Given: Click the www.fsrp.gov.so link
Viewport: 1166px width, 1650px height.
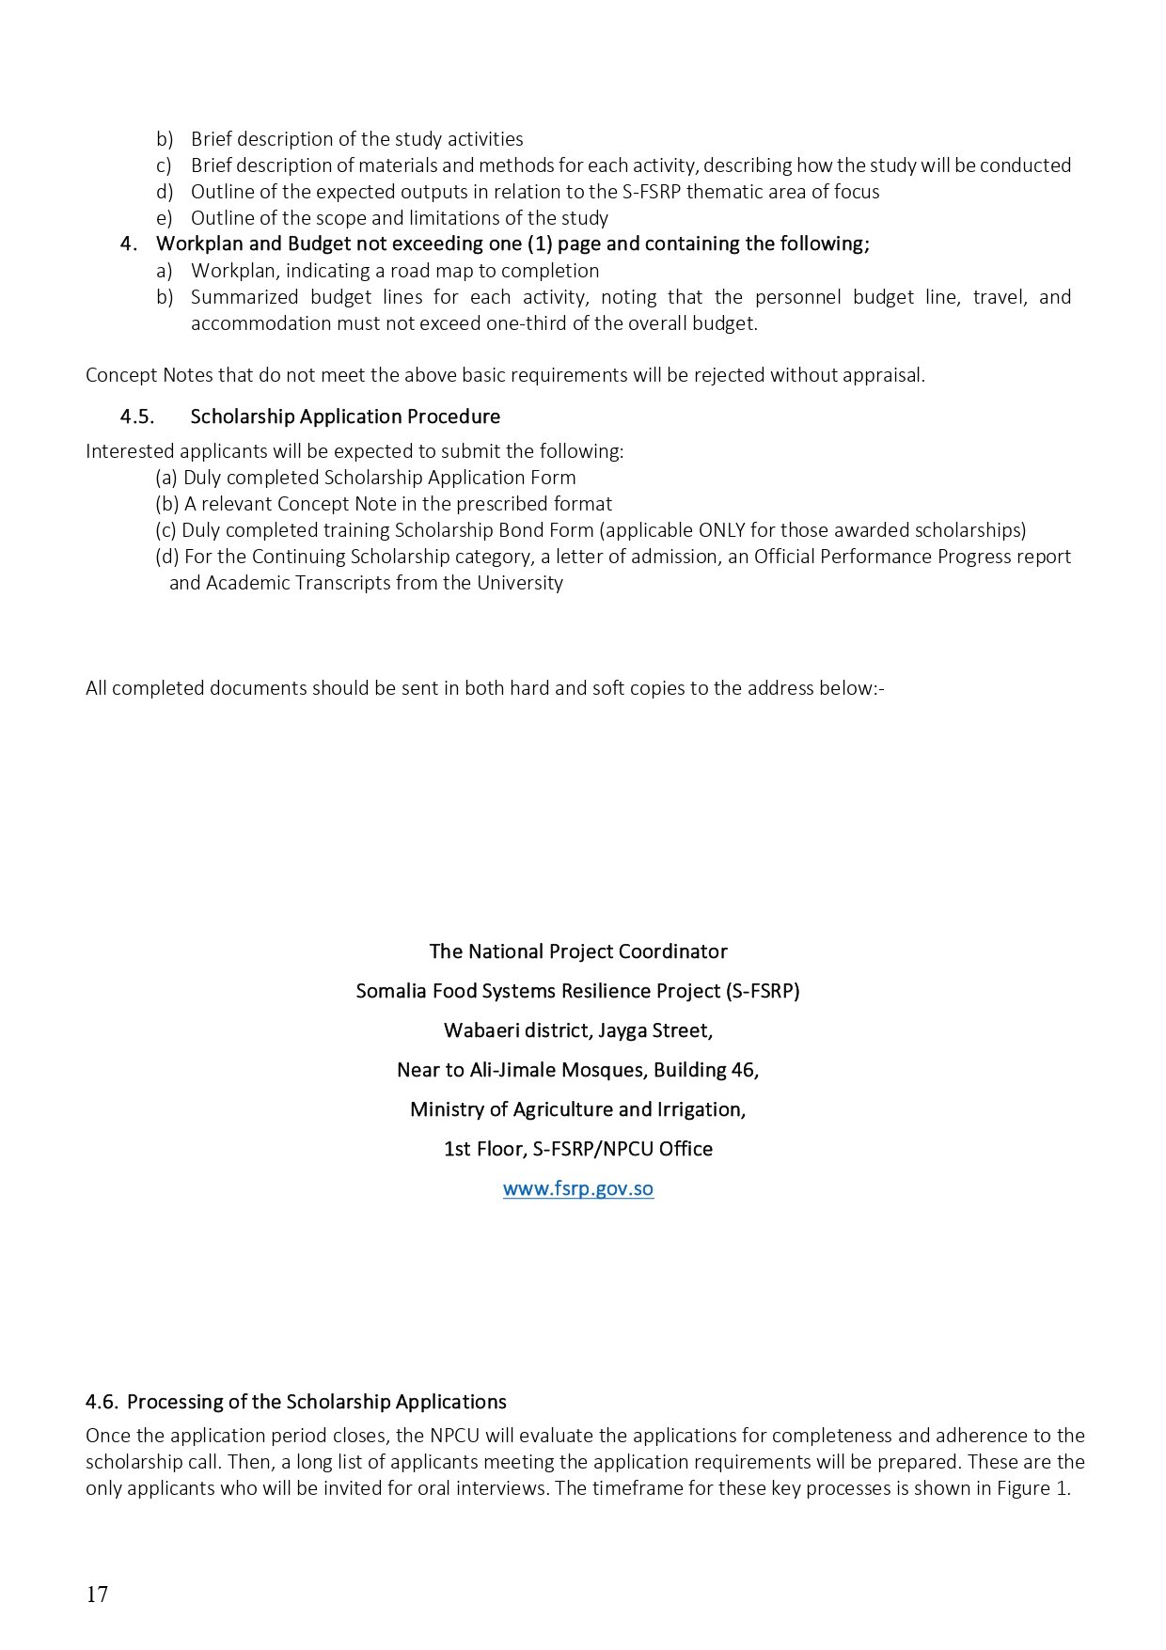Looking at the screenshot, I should coord(577,1188).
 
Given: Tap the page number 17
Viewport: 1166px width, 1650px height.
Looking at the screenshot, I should coord(97,1595).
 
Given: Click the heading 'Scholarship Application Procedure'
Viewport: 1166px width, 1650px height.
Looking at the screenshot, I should coord(345,416).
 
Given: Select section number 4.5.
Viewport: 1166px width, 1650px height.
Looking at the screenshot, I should coord(137,416).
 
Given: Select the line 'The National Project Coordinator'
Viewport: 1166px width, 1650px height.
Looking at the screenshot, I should coord(578,951).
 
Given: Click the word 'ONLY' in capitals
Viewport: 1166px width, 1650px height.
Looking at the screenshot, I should coord(722,530).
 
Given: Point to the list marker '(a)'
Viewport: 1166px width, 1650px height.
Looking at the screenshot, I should coord(166,478).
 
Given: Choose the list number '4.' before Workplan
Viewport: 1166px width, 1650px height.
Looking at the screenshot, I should coord(130,244).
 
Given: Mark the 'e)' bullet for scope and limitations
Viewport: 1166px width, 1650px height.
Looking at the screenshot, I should coord(165,218).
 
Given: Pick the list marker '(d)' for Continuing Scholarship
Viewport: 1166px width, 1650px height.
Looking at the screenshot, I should coord(167,557).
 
